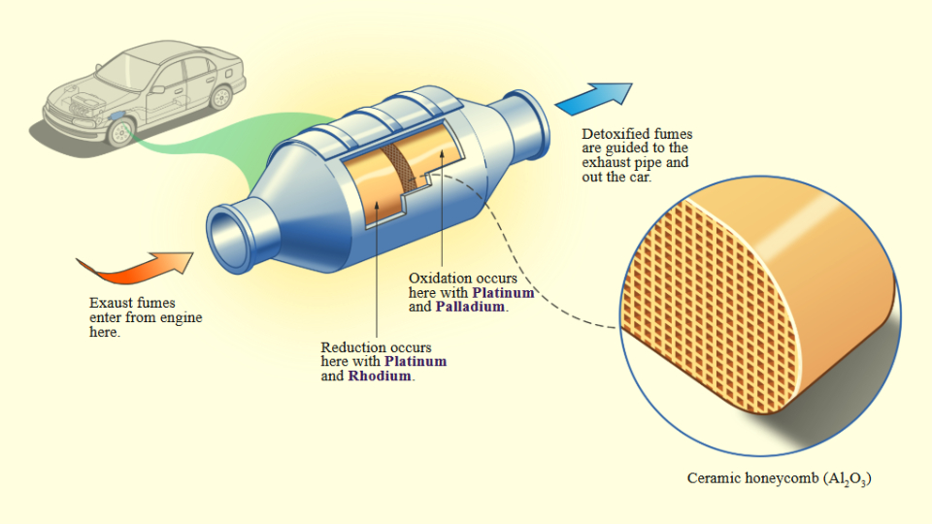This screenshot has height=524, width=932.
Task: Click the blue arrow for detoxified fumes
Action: coord(594,98)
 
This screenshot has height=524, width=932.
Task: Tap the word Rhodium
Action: coord(382,376)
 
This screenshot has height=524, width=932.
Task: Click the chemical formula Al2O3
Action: coord(847,479)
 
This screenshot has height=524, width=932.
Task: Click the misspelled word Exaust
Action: coord(111,303)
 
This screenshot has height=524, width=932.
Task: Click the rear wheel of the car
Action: coord(221,97)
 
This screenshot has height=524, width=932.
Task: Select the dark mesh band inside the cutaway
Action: coord(397,174)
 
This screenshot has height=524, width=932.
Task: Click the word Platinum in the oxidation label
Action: coord(504,292)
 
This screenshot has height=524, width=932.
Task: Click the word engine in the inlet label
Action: coord(183,317)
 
